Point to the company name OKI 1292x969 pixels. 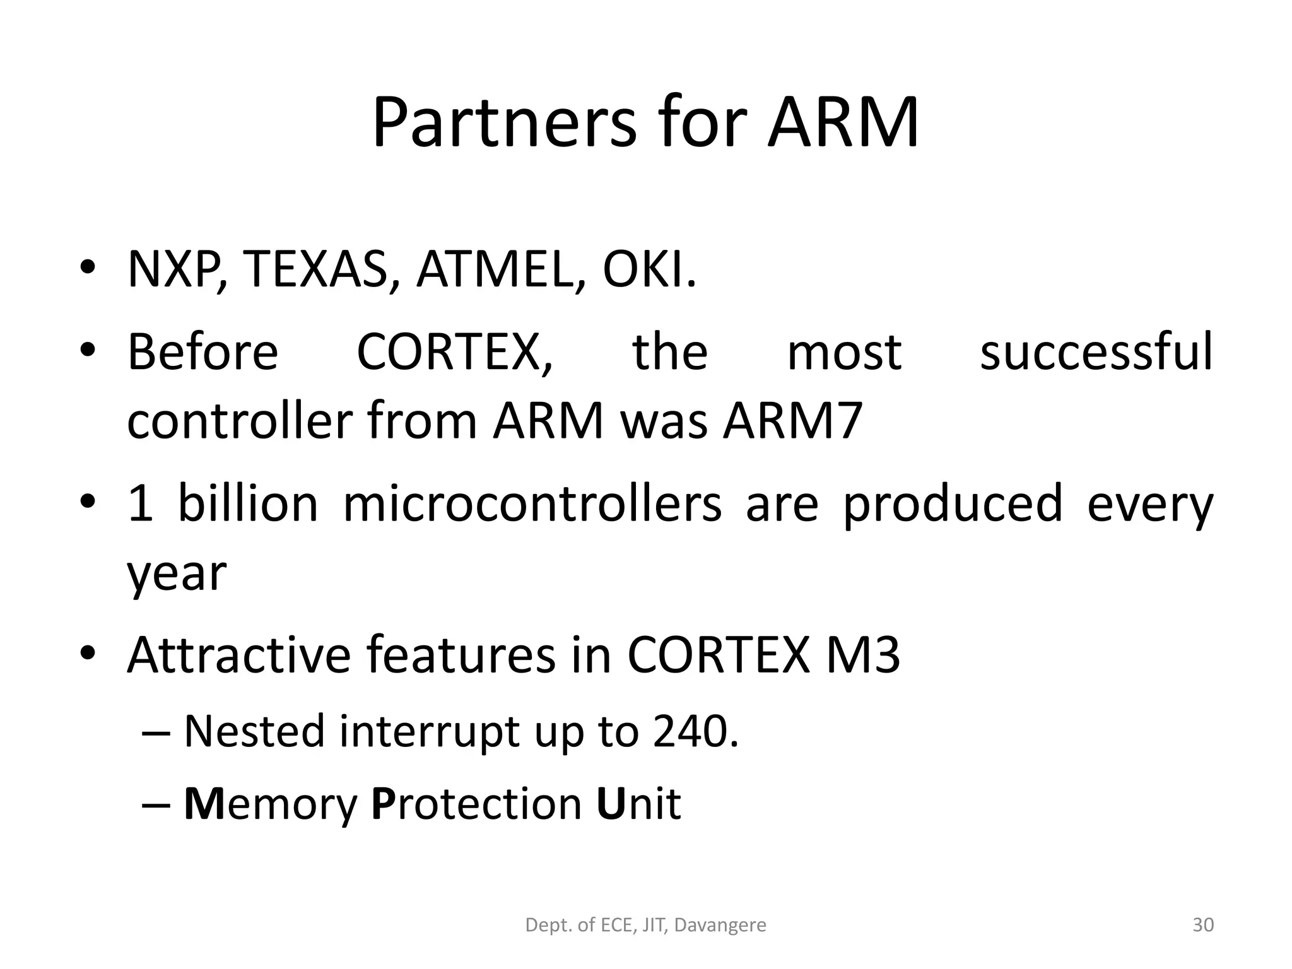649,270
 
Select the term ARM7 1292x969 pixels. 792,421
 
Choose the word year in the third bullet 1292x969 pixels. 176,574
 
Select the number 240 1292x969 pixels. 694,732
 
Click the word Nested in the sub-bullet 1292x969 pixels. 254,732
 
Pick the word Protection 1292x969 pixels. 476,804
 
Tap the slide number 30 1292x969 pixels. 1203,925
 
